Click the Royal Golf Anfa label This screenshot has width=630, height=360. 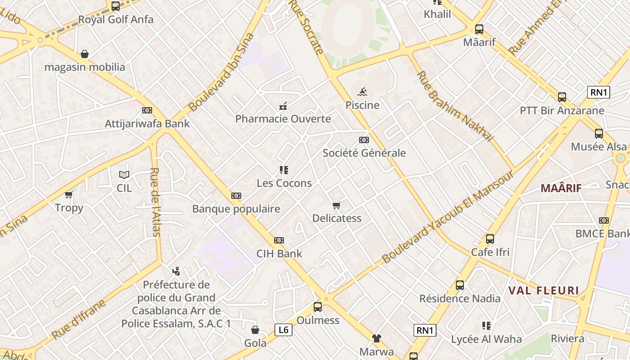pos(116,20)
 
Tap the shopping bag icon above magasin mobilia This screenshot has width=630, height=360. pos(85,54)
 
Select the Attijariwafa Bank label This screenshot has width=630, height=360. pos(147,124)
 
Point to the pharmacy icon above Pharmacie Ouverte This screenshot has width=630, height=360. pos(283,107)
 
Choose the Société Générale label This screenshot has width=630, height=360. pos(364,153)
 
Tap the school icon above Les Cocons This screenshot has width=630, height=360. pos(284,170)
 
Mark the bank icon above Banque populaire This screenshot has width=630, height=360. pos(236,196)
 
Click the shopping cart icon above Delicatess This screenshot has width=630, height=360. pos(337,206)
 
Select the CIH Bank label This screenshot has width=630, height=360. pos(279,254)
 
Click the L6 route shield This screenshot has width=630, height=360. pos(283,330)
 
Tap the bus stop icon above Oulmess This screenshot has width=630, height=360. pos(318,307)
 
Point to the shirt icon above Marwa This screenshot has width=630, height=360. pos(376,338)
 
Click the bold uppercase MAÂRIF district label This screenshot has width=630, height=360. pos(561,188)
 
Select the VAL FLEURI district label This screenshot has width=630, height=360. pos(544,291)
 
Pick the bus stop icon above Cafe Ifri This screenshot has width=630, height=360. pos(490,239)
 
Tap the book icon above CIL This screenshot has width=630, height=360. pos(124,175)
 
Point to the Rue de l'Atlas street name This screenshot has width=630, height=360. pos(155,202)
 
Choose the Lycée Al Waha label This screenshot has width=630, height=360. pos(486,339)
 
